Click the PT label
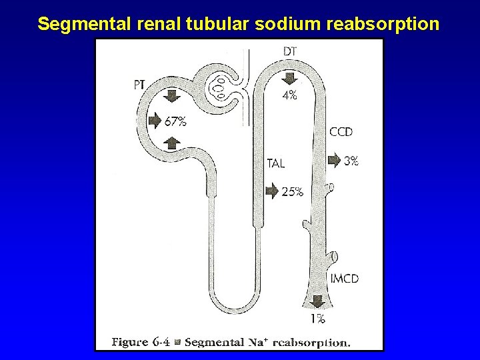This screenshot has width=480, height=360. pyautogui.click(x=140, y=85)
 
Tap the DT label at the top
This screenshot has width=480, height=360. pyautogui.click(x=290, y=51)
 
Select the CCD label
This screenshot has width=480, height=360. pyautogui.click(x=341, y=132)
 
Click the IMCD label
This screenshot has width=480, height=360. pyautogui.click(x=344, y=278)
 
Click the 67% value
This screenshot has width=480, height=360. pyautogui.click(x=175, y=121)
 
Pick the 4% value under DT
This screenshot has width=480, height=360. pyautogui.click(x=289, y=95)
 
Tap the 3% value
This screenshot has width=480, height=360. pyautogui.click(x=351, y=160)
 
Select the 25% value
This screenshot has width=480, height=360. pyautogui.click(x=293, y=192)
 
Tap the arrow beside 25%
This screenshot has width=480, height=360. pyautogui.click(x=272, y=191)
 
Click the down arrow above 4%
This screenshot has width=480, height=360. pyautogui.click(x=289, y=79)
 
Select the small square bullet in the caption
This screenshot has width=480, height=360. pyautogui.click(x=177, y=343)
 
